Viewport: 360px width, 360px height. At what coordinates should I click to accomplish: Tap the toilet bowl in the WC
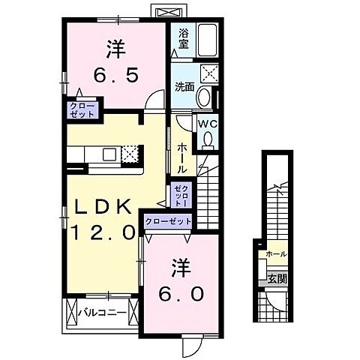(206, 139)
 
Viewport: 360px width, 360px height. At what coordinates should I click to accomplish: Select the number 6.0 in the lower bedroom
(178, 293)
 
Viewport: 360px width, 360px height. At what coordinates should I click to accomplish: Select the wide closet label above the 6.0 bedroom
(168, 222)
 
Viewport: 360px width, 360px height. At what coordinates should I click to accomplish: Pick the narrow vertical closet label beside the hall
(181, 194)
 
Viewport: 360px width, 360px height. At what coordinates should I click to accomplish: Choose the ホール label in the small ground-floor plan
(275, 255)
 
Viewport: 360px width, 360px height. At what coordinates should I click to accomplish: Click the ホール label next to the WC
(181, 157)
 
